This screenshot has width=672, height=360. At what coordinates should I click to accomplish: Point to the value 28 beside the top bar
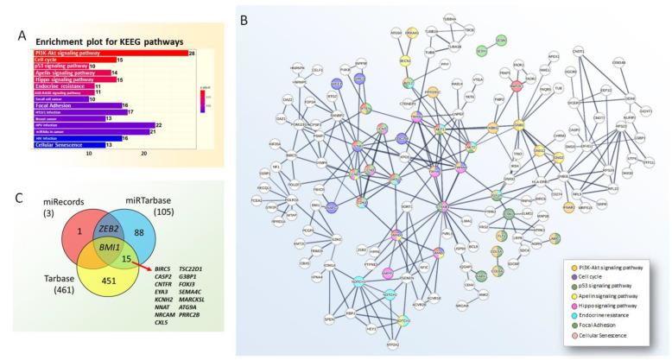pos(193,54)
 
